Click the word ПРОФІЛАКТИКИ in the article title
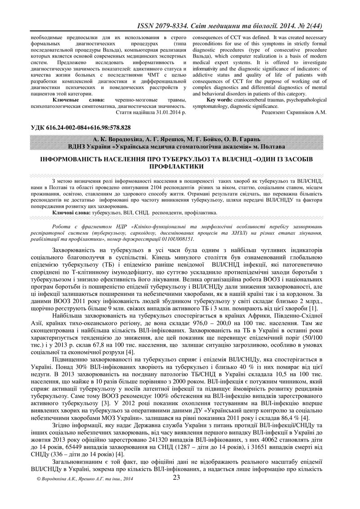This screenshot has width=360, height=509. click(x=180, y=166)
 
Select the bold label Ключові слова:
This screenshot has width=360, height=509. click(x=71, y=211)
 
